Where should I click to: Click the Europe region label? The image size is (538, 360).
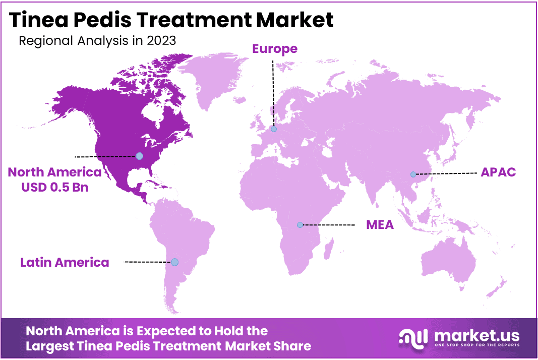[275, 49]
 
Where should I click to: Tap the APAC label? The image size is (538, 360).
[498, 172]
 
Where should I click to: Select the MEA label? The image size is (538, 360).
[380, 225]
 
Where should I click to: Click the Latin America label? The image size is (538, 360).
[65, 262]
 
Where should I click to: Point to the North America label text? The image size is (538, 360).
[54, 172]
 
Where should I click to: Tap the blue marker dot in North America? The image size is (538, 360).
[139, 156]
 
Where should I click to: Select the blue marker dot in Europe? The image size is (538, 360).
[274, 129]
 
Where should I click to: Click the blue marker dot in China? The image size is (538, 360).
[413, 174]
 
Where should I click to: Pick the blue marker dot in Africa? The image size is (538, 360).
[300, 225]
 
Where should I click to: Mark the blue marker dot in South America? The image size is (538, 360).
[174, 262]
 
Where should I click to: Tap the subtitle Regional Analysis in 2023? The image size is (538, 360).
[97, 41]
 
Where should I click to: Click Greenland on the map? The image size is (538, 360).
[212, 78]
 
